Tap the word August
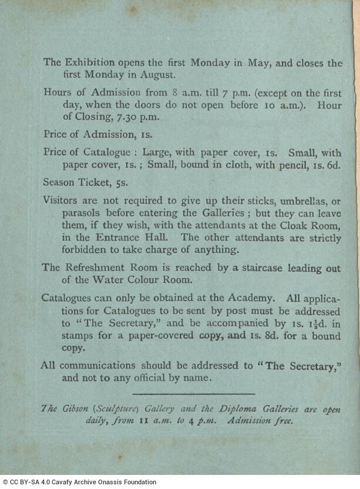[160, 75]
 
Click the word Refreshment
[97, 268]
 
